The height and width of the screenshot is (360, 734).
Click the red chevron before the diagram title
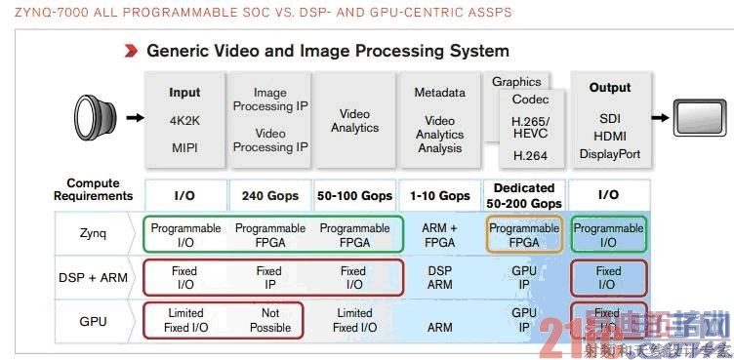(130, 50)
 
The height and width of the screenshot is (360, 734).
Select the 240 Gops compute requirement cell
(268, 195)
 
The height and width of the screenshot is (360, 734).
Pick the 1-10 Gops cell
(439, 195)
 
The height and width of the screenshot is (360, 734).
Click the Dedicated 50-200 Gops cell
(524, 195)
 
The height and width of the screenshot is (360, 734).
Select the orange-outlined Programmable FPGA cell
(524, 235)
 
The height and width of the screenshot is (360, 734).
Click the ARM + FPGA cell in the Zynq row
(439, 235)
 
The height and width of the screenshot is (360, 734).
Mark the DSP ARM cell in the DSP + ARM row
(439, 278)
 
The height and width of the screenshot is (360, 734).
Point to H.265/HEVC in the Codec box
(530, 127)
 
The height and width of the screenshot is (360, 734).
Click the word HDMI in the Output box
(610, 136)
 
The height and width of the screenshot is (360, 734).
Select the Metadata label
(439, 93)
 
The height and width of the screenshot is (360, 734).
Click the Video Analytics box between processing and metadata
(354, 121)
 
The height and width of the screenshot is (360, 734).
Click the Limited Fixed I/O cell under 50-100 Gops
(353, 320)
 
